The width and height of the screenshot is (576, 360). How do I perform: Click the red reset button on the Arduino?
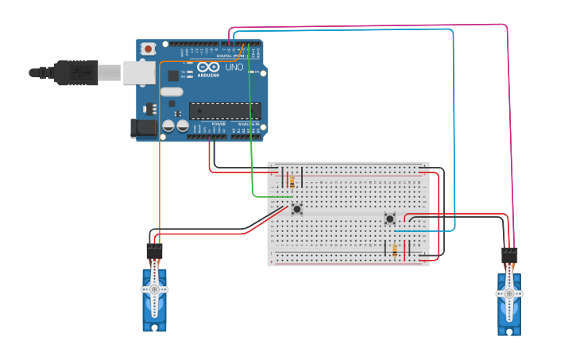149,49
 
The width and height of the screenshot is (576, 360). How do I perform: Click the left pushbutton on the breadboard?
297,209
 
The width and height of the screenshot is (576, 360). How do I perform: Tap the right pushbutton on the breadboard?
390,219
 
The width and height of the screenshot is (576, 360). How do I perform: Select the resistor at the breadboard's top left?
292,181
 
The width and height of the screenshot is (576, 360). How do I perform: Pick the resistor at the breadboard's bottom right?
395,250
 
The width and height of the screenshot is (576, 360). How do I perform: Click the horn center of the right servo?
508,293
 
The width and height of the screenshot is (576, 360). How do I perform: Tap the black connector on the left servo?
154,252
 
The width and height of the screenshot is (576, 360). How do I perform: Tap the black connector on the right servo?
509,256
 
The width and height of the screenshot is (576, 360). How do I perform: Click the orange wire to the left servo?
160,159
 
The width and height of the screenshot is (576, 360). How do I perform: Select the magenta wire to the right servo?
507,119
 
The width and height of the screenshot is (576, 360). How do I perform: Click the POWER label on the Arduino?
218,124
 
